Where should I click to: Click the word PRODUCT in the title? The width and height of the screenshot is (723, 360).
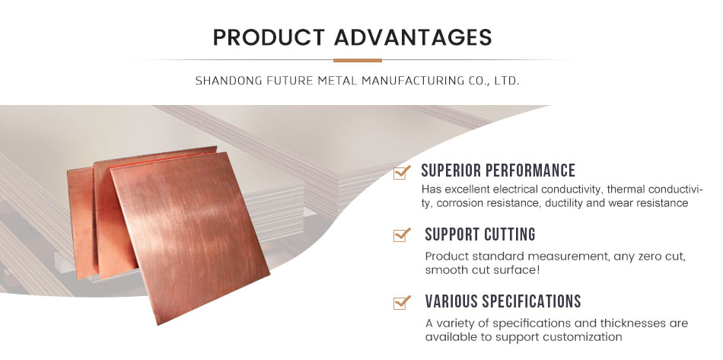(269, 37)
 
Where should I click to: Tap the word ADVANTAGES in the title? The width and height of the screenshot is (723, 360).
(412, 37)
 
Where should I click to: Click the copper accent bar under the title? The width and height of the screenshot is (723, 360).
(358, 60)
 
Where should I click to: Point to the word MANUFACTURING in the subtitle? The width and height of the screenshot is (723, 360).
(417, 81)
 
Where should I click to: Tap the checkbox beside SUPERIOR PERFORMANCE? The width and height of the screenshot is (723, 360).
(402, 173)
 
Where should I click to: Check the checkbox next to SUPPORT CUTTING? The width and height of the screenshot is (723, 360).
(402, 234)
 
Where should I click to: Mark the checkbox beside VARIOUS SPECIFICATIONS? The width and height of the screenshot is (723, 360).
(402, 302)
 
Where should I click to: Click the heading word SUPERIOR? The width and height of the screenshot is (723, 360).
(452, 170)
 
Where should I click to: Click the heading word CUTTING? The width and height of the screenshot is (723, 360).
(509, 234)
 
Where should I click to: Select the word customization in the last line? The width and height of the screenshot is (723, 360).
(582, 336)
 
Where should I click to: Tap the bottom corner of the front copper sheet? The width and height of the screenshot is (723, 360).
(158, 324)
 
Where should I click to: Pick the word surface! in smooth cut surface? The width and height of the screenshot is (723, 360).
(516, 270)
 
